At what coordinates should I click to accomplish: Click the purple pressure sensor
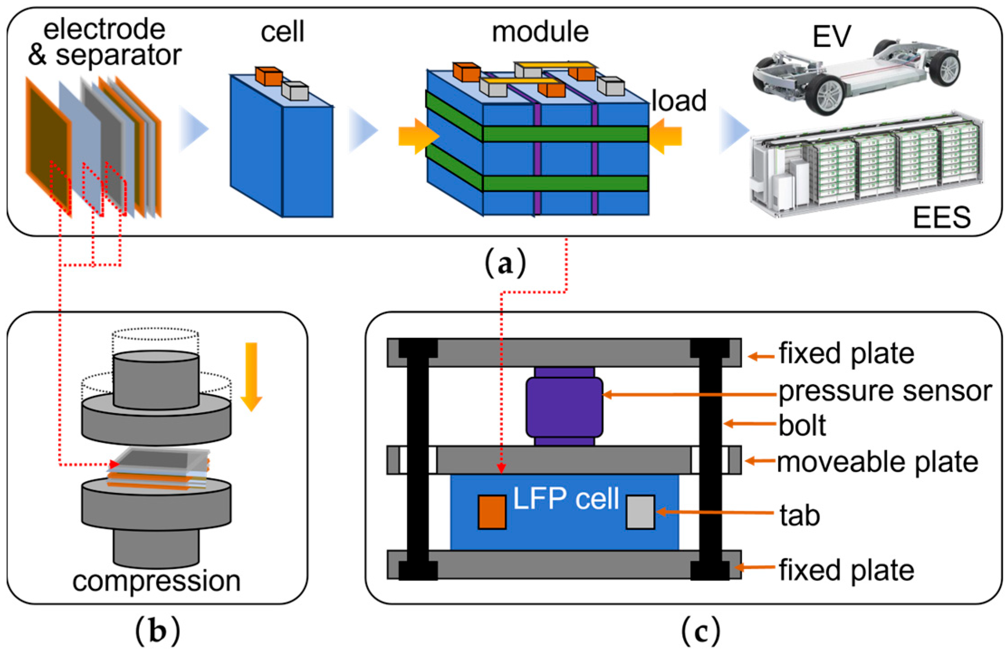564,407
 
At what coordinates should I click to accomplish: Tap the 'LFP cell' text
566,499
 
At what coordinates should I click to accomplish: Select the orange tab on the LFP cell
492,512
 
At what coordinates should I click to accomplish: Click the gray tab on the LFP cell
640,512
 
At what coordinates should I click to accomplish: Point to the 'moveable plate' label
878,462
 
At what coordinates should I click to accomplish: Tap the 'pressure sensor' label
885,391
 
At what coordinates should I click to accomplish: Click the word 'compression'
156,581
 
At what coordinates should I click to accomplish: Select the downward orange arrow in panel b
251,376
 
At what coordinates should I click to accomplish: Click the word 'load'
679,101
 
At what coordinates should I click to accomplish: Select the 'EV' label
832,36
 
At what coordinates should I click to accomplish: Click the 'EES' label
942,218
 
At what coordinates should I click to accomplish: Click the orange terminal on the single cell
269,76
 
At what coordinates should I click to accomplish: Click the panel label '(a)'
505,263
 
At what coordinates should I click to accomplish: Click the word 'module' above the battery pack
540,32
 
